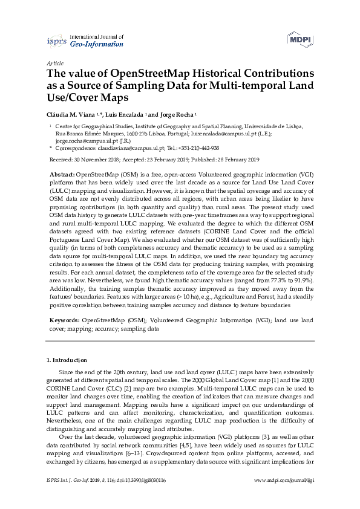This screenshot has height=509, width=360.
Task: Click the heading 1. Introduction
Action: [x=67, y=360]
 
